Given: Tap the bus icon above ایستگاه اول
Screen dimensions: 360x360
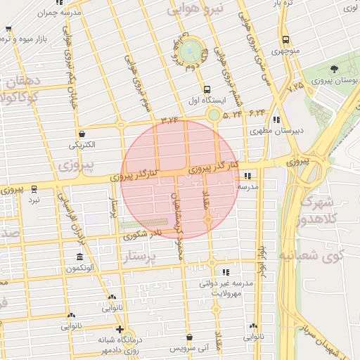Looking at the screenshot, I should pos(206,89).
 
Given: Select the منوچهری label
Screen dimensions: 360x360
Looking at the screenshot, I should pos(285,51).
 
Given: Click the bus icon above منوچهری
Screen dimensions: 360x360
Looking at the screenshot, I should pos(285,39).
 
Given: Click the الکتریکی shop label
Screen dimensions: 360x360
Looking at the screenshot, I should pos(82,145).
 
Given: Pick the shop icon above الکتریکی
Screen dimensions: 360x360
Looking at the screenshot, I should pos(82,134).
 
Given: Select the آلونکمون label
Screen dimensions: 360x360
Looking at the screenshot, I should pos(79,269).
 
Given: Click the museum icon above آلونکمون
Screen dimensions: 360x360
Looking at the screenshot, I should pos(79,257).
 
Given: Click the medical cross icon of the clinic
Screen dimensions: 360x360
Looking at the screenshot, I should pos(120,328).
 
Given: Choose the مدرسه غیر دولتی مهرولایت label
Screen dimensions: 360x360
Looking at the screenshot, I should pos(225,288).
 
